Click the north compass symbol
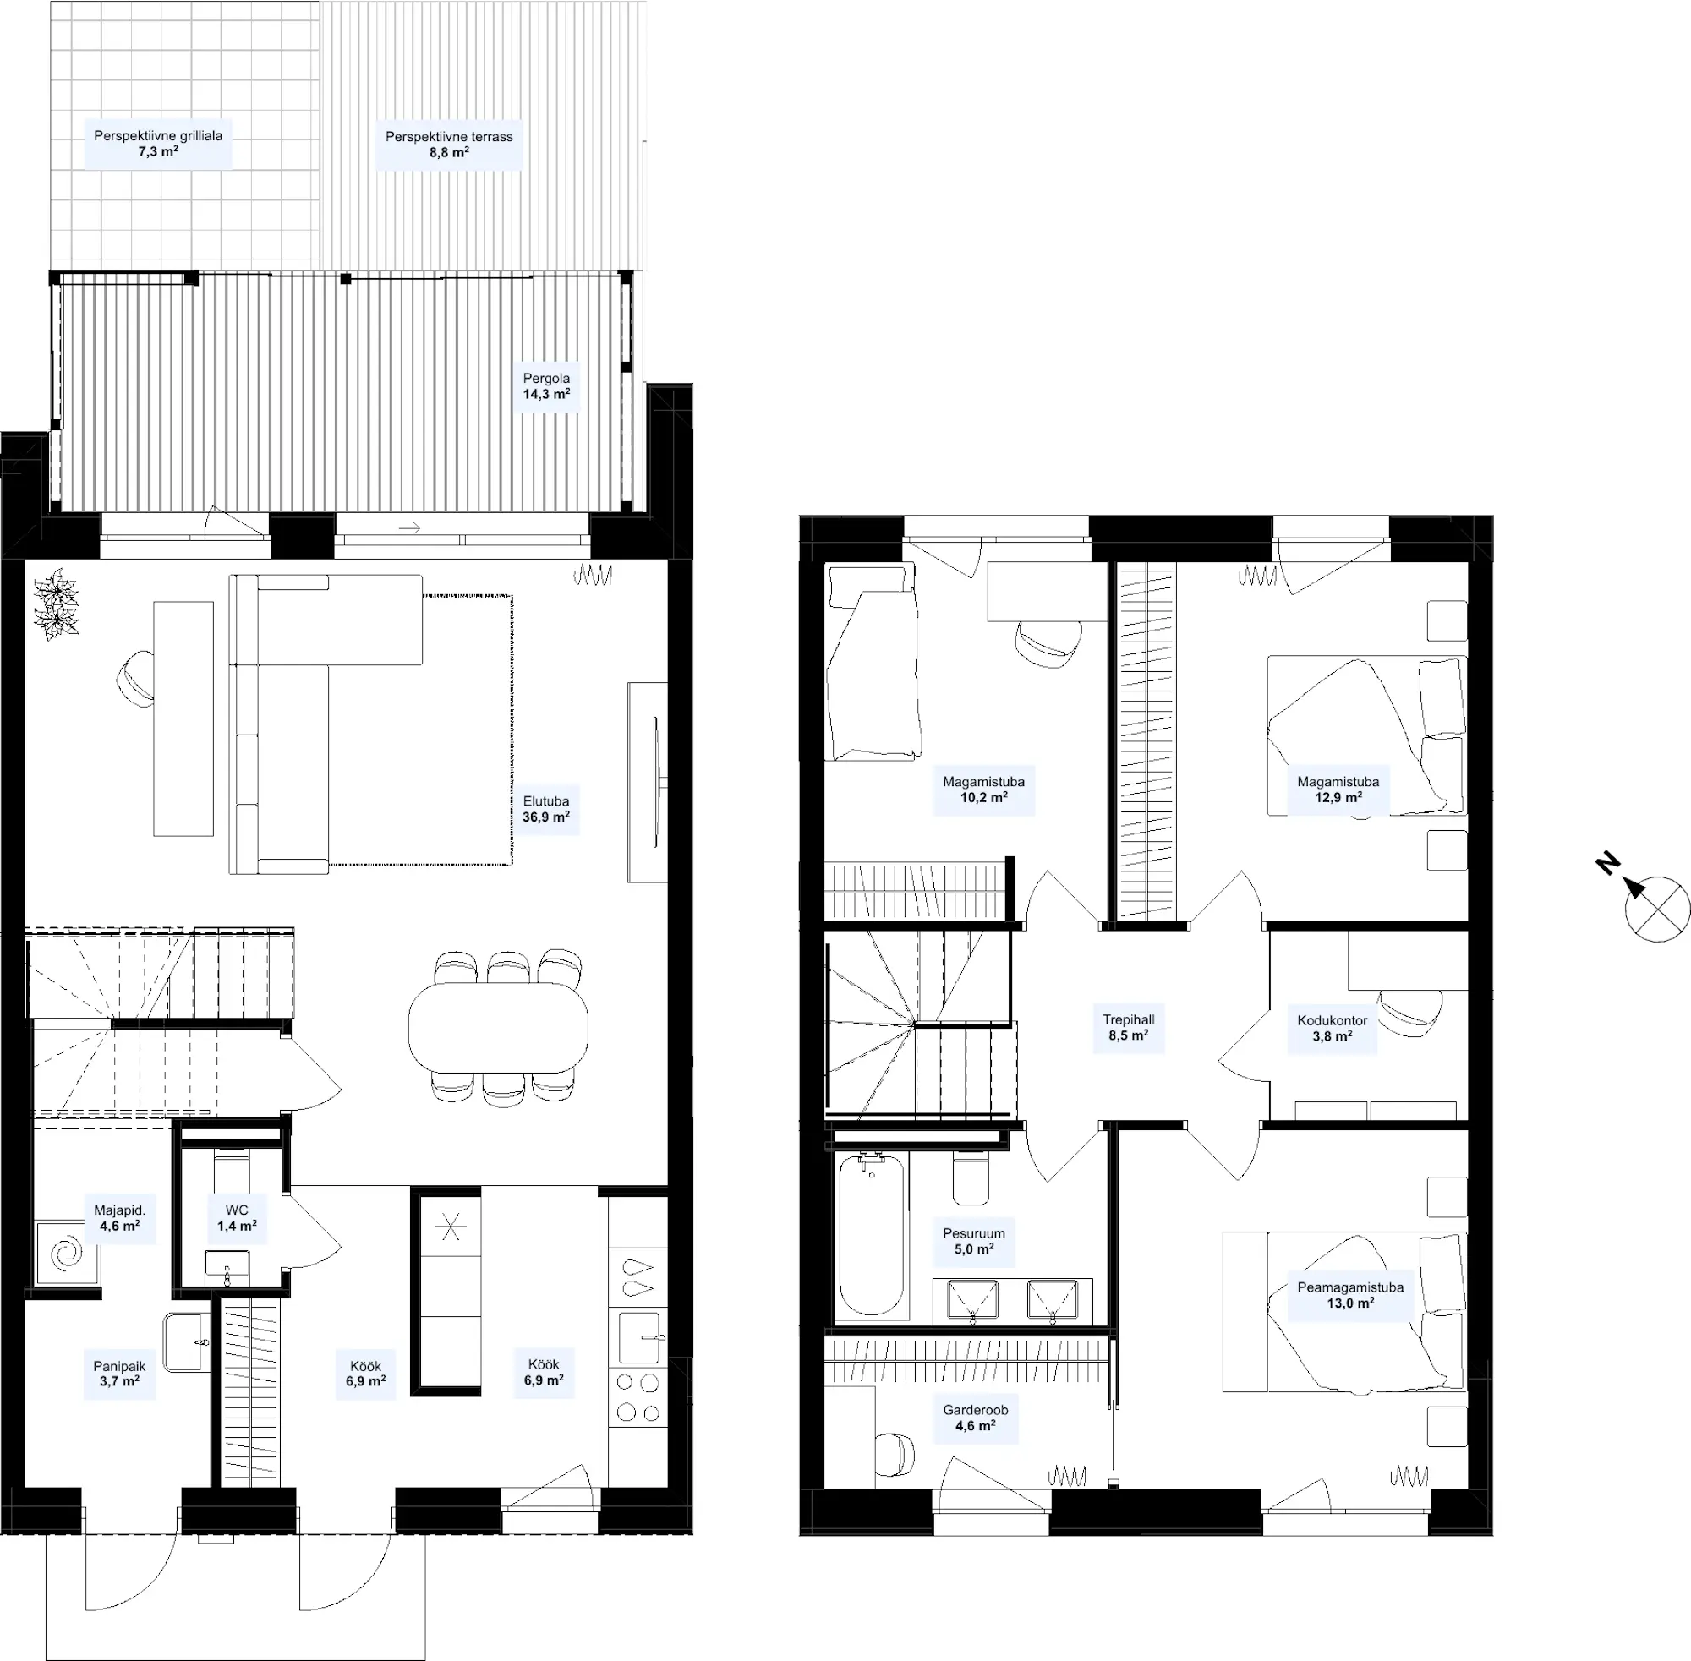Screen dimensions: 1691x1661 coord(1656,908)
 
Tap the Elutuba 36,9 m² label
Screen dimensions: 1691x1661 coord(546,809)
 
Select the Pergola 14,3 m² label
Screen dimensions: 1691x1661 coord(546,385)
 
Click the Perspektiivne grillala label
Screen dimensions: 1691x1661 coord(158,143)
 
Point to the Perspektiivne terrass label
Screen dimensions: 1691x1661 coord(449,144)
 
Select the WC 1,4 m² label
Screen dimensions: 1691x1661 coord(237,1218)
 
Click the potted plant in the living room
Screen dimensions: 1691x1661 coord(57,604)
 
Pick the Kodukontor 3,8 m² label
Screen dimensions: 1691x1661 coord(1333,1028)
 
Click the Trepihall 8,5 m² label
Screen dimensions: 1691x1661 coord(1128,1027)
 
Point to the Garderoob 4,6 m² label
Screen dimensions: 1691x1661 coord(975,1418)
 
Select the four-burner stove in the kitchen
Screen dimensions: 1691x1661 coord(638,1396)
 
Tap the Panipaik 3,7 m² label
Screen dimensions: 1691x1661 coord(119,1374)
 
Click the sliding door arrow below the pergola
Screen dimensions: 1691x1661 coord(410,527)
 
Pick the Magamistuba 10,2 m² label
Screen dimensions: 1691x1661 coord(983,790)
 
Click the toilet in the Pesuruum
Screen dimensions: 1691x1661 coord(971,1177)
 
